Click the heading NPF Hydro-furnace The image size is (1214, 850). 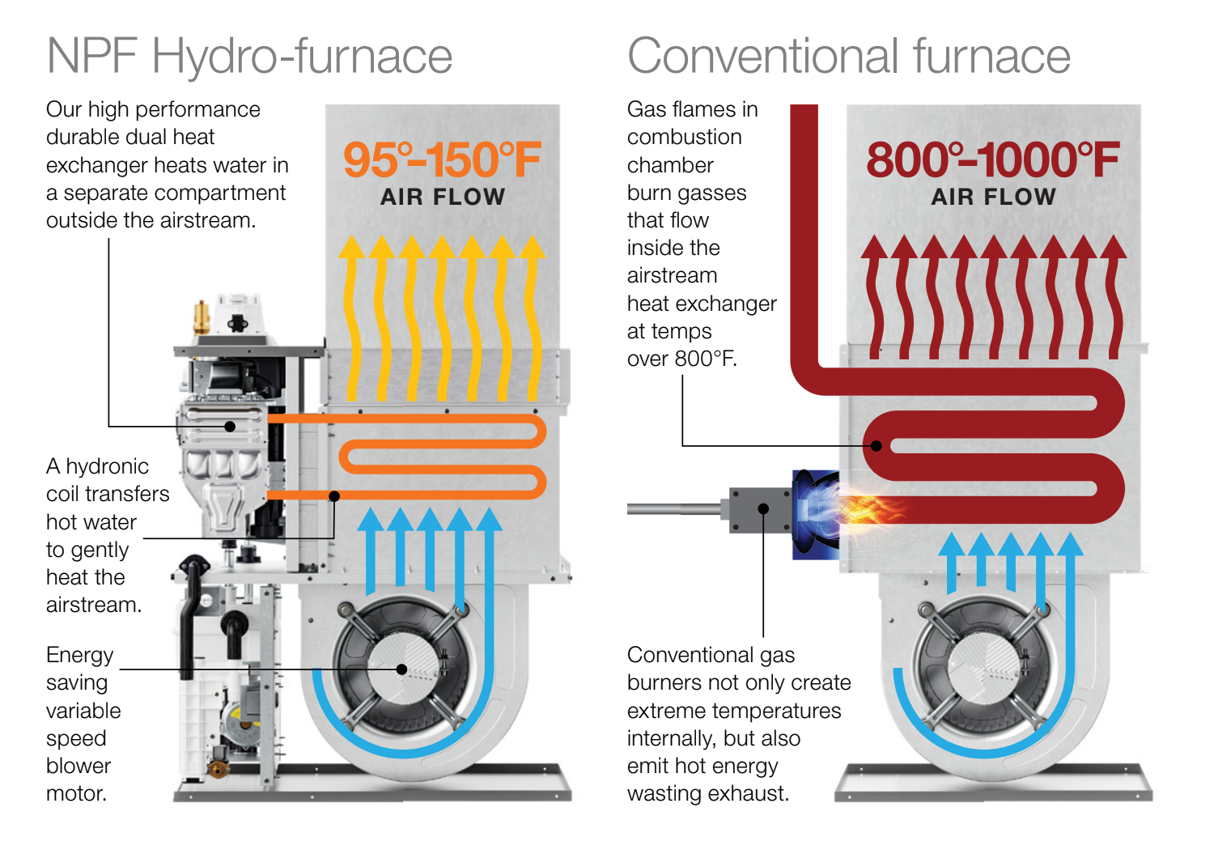pos(249,57)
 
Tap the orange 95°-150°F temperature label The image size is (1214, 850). pos(442,159)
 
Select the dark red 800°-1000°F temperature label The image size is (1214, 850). pos(992,159)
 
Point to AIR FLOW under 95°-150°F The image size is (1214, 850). pos(443,197)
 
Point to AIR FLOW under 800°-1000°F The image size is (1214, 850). pos(993,197)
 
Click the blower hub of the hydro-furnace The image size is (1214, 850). pos(402,669)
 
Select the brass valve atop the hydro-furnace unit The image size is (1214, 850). pos(201,317)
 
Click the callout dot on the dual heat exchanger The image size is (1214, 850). pos(230,426)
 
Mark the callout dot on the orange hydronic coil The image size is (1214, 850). pos(334,495)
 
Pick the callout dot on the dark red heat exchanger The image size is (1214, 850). pos(877,445)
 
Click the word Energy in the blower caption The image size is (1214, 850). pos(79,655)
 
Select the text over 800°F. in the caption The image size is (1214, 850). pos(681,359)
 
